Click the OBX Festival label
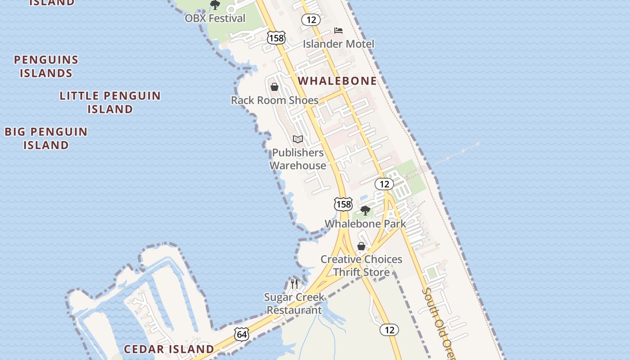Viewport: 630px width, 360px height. coord(215,18)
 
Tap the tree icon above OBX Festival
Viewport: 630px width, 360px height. coord(215,5)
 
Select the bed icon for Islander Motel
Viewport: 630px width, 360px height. coord(338,31)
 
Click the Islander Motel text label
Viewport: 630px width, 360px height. coord(338,44)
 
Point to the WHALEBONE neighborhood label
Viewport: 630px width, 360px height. coord(337,81)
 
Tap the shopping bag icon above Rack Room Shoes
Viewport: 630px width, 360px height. coord(274,87)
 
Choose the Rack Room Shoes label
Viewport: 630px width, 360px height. coord(274,100)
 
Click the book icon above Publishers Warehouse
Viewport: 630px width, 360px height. coord(297,139)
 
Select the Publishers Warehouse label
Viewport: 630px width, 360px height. coord(297,159)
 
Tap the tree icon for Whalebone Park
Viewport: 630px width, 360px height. coord(365,210)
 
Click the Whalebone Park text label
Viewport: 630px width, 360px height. coord(365,224)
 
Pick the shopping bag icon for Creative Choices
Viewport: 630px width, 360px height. coord(361,246)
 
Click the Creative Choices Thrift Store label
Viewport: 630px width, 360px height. coord(361,265)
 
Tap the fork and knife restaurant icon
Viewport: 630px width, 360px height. coord(294,284)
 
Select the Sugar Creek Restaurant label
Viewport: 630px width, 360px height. coord(294,304)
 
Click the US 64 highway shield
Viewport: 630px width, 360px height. coord(242,334)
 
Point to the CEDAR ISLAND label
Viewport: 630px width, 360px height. coord(169,349)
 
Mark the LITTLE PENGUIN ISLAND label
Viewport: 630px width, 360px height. coord(110,102)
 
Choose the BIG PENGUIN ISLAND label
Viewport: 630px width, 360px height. coord(46,138)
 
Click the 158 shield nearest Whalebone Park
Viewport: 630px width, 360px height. coord(343,204)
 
